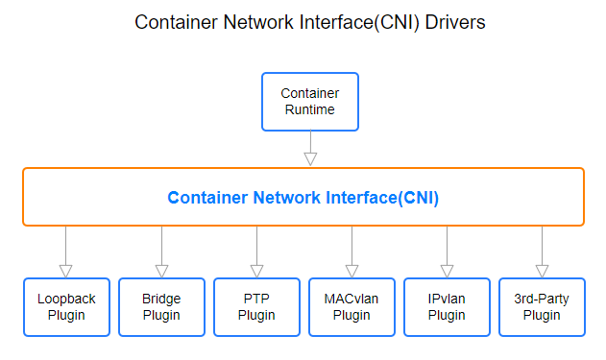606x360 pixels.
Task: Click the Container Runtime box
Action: coord(309,102)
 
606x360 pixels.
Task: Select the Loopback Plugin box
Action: coord(67,307)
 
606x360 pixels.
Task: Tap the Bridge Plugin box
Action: coord(161,307)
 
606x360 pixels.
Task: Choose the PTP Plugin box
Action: coord(256,307)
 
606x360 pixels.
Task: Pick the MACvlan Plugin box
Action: coord(351,307)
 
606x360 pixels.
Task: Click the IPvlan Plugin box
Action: coord(447,307)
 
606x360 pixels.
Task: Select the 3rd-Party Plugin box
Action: coord(542,307)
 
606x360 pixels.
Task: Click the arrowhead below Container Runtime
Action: coord(309,158)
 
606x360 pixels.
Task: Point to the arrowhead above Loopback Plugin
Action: coord(66,270)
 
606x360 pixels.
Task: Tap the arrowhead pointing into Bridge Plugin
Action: coord(161,270)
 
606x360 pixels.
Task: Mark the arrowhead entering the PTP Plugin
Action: coord(256,270)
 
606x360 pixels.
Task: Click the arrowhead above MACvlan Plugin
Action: coord(351,270)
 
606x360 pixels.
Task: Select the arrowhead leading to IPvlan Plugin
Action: coord(447,270)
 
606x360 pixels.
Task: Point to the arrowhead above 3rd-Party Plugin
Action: coord(542,270)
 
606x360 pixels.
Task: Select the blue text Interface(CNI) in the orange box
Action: coord(380,198)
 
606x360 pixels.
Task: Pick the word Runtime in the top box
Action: coord(309,109)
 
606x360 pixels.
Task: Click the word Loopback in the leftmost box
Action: coord(67,299)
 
